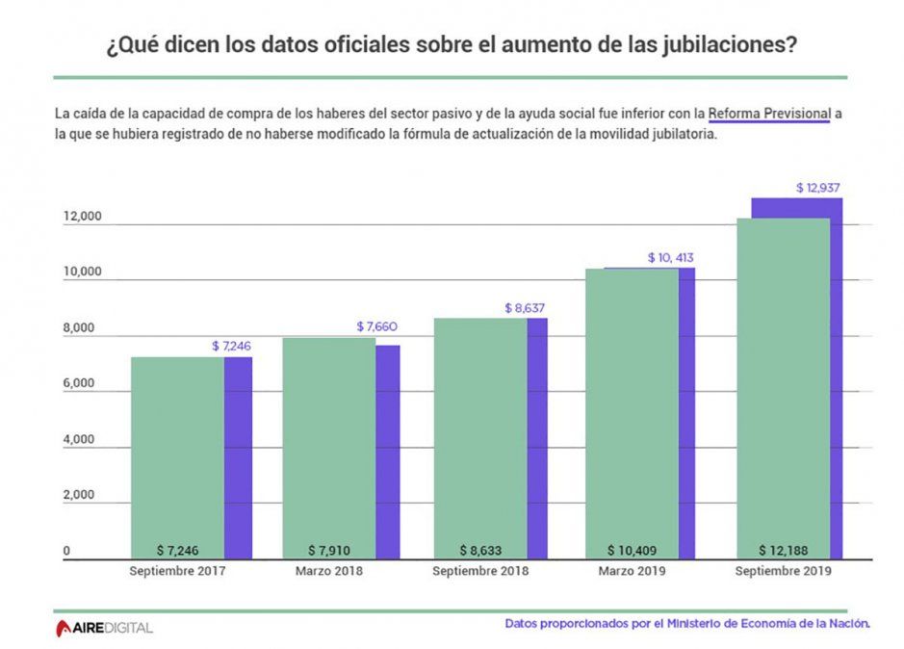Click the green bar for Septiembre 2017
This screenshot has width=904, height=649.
click(177, 453)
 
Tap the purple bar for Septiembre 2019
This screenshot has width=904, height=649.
click(836, 385)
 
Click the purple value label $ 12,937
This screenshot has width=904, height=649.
click(818, 188)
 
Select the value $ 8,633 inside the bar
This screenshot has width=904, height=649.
click(479, 550)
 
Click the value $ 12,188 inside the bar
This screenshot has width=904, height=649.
click(783, 550)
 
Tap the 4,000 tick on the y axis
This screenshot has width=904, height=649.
click(77, 440)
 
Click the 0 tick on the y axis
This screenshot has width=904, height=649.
click(67, 551)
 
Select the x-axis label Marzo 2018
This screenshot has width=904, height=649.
click(328, 571)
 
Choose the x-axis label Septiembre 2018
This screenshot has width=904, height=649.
click(479, 571)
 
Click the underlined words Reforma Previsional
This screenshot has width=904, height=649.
click(769, 114)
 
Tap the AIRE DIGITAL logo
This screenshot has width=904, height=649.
click(103, 628)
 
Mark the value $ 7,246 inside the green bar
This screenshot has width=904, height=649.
click(177, 550)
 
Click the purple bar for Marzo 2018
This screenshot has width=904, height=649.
click(387, 453)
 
